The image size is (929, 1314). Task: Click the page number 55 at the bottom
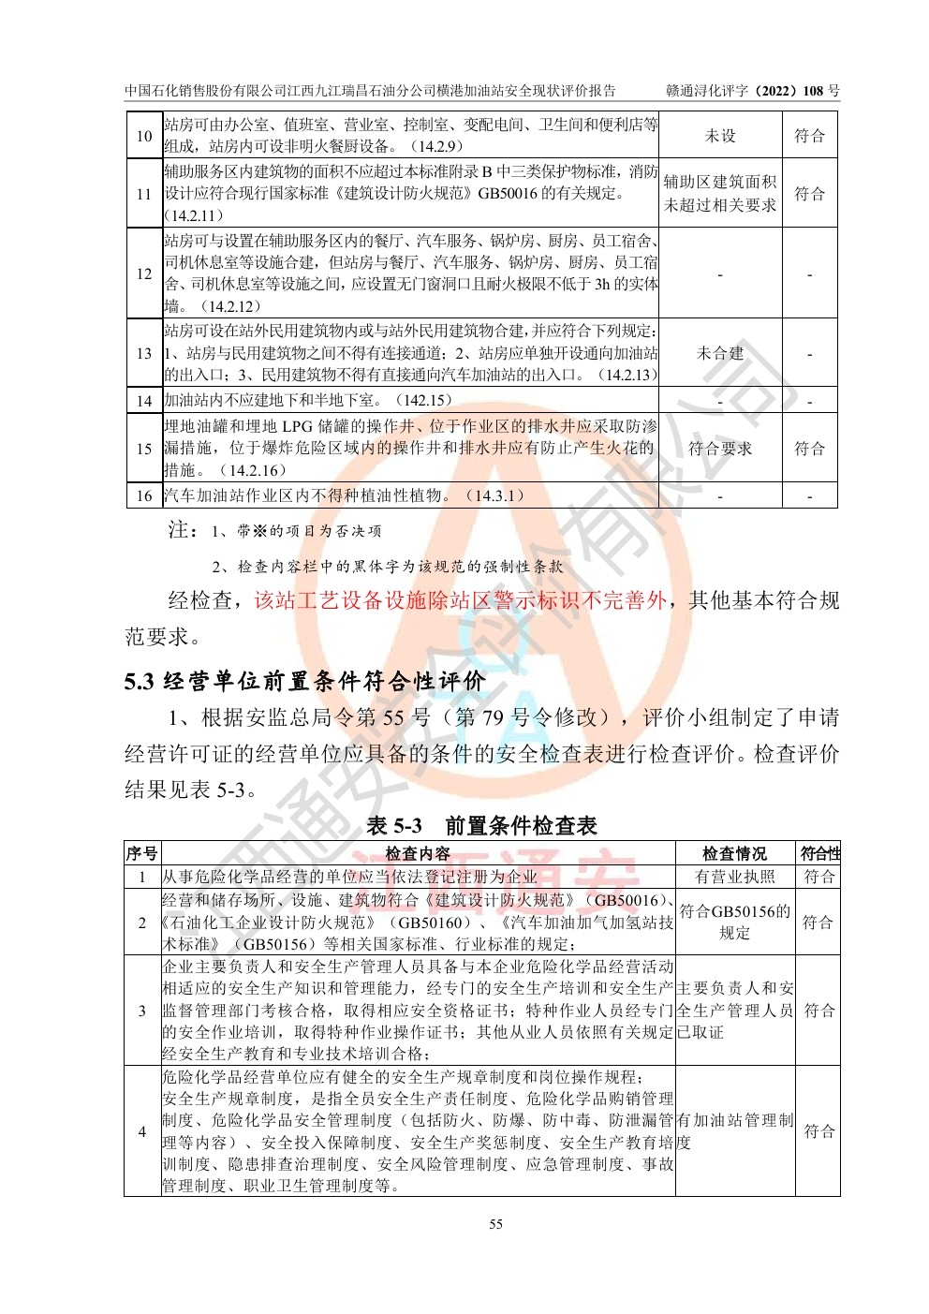495,1224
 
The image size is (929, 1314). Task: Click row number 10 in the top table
144,136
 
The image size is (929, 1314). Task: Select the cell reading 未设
720,136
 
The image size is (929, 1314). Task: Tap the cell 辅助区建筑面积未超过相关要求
720,194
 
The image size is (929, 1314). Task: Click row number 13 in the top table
144,353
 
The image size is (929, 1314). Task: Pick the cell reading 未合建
720,353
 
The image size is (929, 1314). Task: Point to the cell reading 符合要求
720,449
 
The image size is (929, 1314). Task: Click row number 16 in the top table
144,496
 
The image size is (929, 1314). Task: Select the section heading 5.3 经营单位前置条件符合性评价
305,681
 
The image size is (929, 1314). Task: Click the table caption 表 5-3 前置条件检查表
481,825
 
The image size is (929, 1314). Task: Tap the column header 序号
142,853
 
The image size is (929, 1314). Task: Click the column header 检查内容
418,853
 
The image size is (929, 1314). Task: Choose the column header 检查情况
735,853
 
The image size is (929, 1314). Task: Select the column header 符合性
819,853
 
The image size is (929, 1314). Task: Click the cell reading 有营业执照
735,877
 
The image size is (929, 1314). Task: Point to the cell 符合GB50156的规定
735,922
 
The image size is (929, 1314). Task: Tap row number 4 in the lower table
142,1131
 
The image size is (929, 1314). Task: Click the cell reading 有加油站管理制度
735,1131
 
